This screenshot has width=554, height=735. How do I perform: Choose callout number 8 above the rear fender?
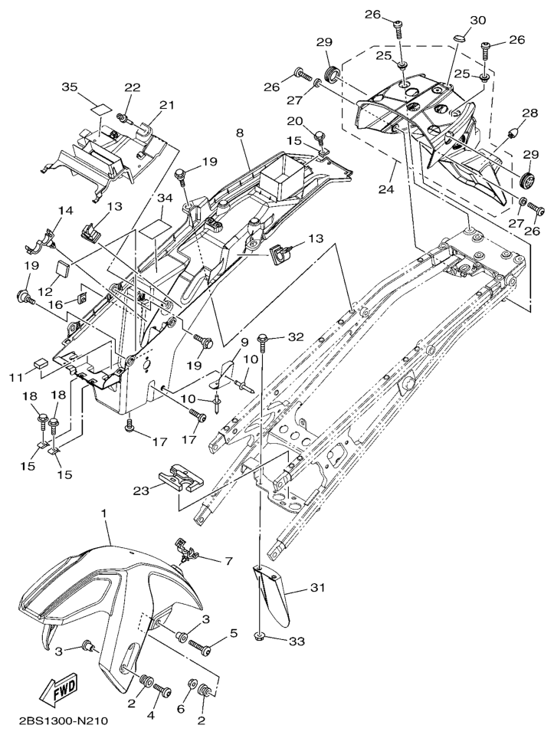pyautogui.click(x=240, y=133)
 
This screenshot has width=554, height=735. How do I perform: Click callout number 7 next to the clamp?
pyautogui.click(x=227, y=562)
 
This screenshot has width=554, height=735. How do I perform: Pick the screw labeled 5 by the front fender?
pyautogui.click(x=202, y=648)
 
